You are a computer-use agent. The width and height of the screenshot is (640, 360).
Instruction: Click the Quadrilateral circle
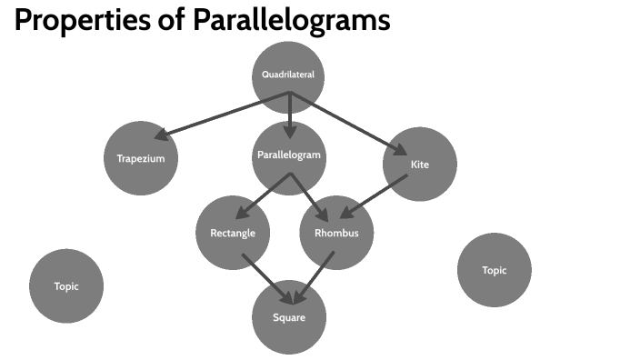pyautogui.click(x=288, y=75)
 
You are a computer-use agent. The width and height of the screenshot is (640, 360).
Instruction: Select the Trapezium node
pyautogui.click(x=141, y=158)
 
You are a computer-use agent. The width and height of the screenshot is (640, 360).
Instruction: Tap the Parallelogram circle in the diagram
pyautogui.click(x=288, y=155)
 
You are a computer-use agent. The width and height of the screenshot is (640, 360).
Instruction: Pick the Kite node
pyautogui.click(x=420, y=165)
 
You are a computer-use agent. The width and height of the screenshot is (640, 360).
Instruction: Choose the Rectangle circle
pyautogui.click(x=233, y=233)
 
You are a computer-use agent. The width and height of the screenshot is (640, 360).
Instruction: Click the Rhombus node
pyautogui.click(x=336, y=233)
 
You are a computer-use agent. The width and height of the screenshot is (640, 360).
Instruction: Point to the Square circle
pyautogui.click(x=288, y=317)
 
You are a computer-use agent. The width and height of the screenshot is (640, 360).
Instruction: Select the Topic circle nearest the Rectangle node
pyautogui.click(x=66, y=286)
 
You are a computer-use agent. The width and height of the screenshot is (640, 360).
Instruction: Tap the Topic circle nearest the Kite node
pyautogui.click(x=494, y=270)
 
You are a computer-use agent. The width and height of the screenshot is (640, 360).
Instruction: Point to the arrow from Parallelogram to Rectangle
pyautogui.click(x=264, y=193)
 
